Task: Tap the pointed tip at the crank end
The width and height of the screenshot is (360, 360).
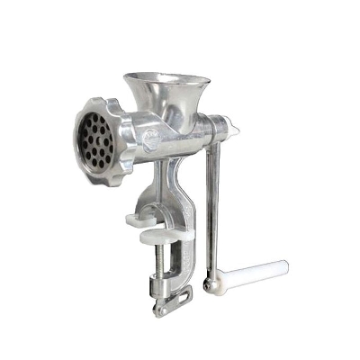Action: (x=235, y=131)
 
